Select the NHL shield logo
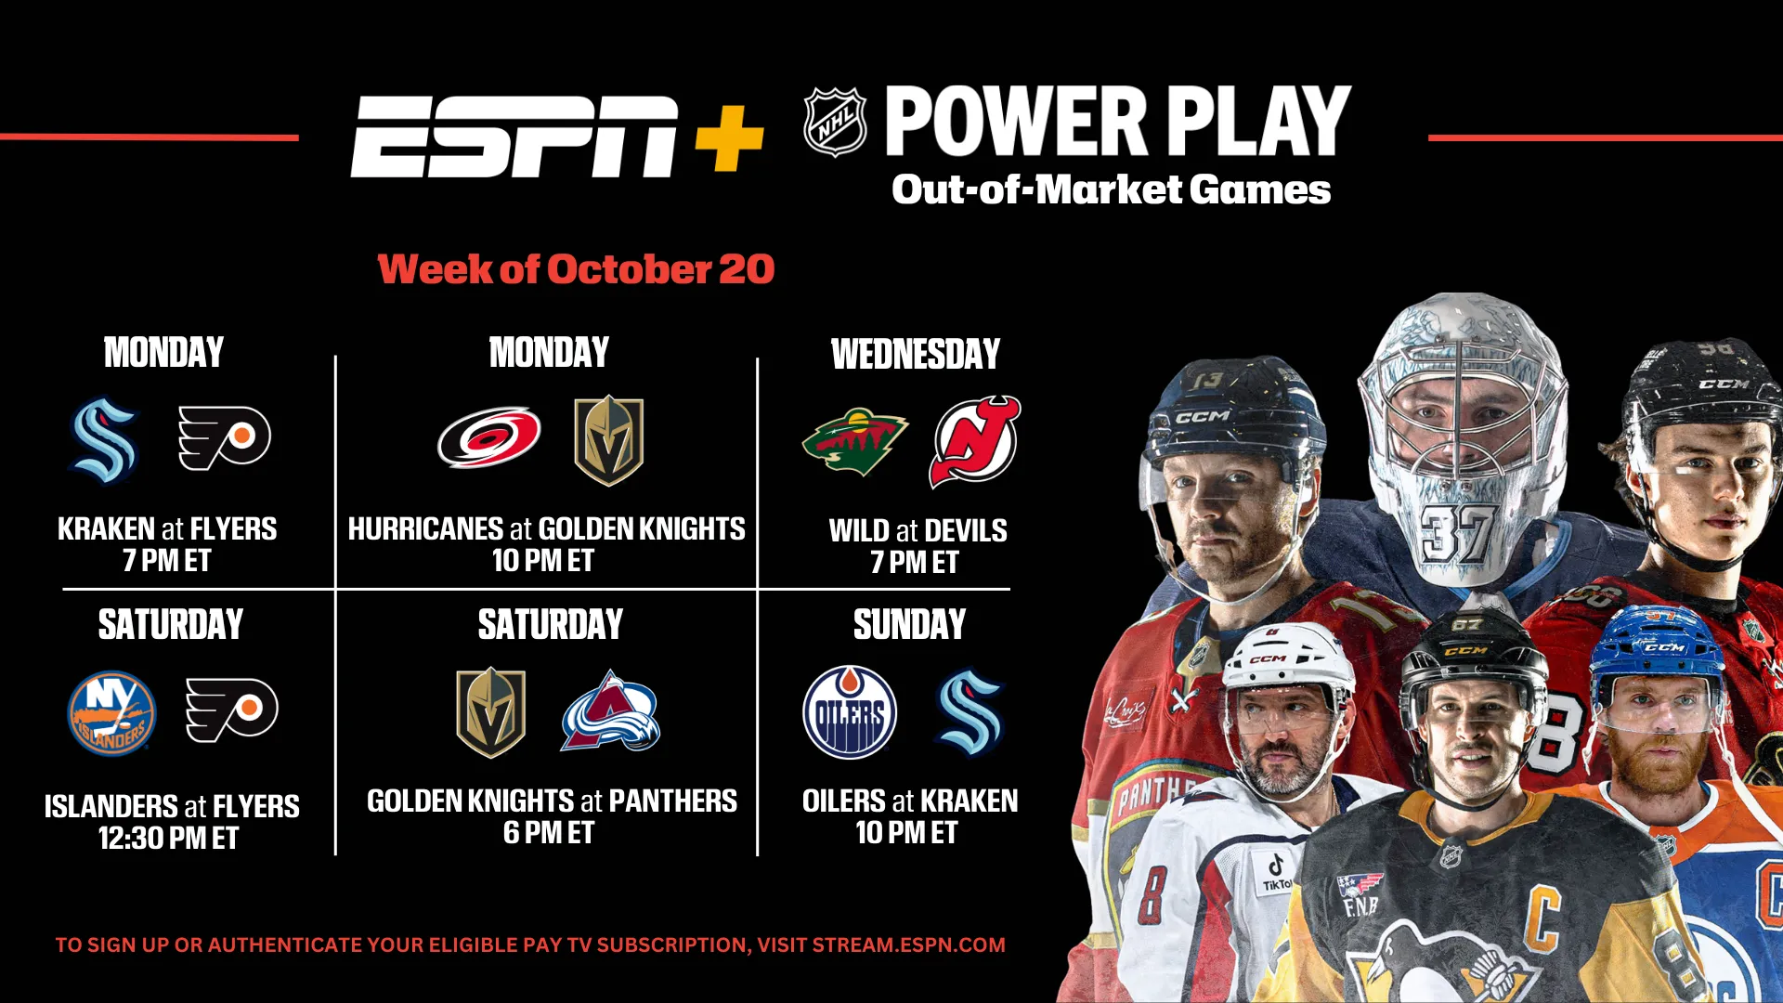tap(835, 122)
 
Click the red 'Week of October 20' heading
tap(576, 269)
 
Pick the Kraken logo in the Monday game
tap(104, 440)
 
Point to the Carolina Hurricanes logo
tap(489, 437)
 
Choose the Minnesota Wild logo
tap(854, 441)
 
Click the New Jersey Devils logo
tap(974, 441)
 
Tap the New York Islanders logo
tap(112, 713)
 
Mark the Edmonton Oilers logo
tap(850, 712)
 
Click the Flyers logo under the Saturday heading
tap(231, 710)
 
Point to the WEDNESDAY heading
tap(916, 355)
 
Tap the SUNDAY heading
tap(909, 625)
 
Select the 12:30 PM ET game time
tap(169, 839)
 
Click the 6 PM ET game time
tap(549, 833)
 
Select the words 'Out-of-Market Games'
tap(1111, 189)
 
